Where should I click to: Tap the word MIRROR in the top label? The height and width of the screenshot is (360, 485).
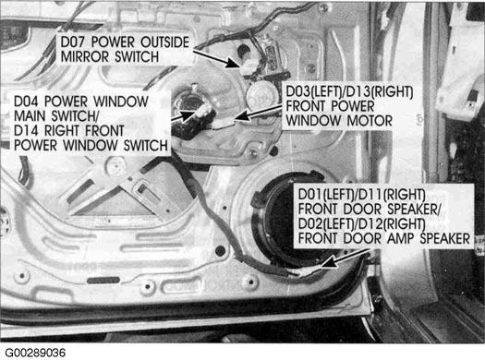pyautogui.click(x=84, y=57)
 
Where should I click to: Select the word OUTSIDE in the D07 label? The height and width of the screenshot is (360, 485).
pyautogui.click(x=164, y=42)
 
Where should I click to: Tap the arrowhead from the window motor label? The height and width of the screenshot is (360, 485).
pyautogui.click(x=243, y=117)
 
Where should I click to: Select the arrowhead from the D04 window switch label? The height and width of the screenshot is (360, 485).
pyautogui.click(x=188, y=116)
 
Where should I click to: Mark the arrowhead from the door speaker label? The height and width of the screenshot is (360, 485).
pyautogui.click(x=329, y=263)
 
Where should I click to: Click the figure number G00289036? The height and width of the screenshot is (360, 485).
pyautogui.click(x=35, y=353)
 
